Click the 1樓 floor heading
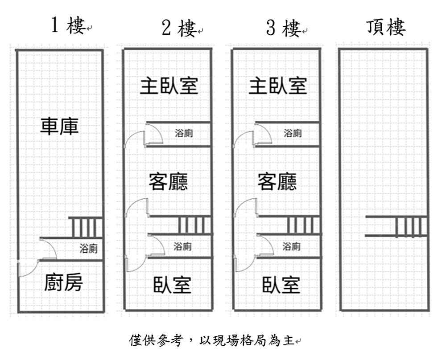click(x=68, y=26)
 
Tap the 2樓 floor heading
click(x=179, y=29)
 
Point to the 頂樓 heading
click(x=386, y=27)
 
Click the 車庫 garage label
click(x=59, y=126)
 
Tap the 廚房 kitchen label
click(x=63, y=282)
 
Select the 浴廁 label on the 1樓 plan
click(x=88, y=249)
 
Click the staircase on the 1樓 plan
click(x=86, y=227)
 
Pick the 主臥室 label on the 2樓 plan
click(x=169, y=86)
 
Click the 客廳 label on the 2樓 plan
click(x=168, y=182)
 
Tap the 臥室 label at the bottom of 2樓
click(x=173, y=285)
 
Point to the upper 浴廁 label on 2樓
click(x=184, y=133)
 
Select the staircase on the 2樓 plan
click(x=195, y=225)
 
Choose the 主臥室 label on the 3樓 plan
click(x=278, y=86)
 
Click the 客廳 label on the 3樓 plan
click(x=277, y=182)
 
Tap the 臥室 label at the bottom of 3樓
click(x=281, y=285)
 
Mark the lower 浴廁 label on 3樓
click(x=292, y=246)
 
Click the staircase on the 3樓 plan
click(x=304, y=225)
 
